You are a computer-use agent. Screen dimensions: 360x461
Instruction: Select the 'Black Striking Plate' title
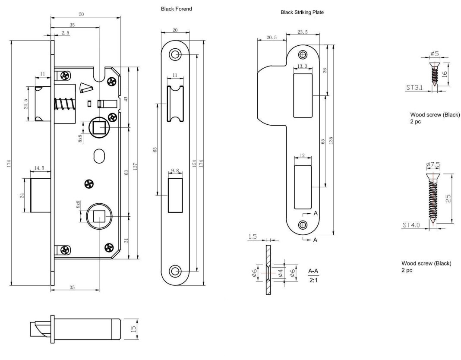pos(302,13)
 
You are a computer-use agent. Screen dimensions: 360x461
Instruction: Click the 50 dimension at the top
pos(81,15)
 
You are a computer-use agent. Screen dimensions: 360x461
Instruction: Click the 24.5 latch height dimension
pos(26,104)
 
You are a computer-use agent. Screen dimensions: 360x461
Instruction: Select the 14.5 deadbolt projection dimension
pos(39,168)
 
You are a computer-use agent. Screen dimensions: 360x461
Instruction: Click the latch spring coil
pos(65,105)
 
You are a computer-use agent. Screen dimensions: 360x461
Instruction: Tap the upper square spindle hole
pos(99,127)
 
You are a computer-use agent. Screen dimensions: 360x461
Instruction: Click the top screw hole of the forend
pos(175,54)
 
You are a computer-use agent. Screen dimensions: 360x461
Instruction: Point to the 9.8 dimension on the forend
pos(175,171)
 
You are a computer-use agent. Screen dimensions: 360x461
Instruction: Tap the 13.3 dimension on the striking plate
pos(302,66)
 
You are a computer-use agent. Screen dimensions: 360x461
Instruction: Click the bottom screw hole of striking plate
pos(303,225)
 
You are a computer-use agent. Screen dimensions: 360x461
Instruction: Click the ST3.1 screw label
pos(413,88)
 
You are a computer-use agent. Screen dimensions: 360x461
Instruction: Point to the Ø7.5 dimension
pos(433,164)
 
